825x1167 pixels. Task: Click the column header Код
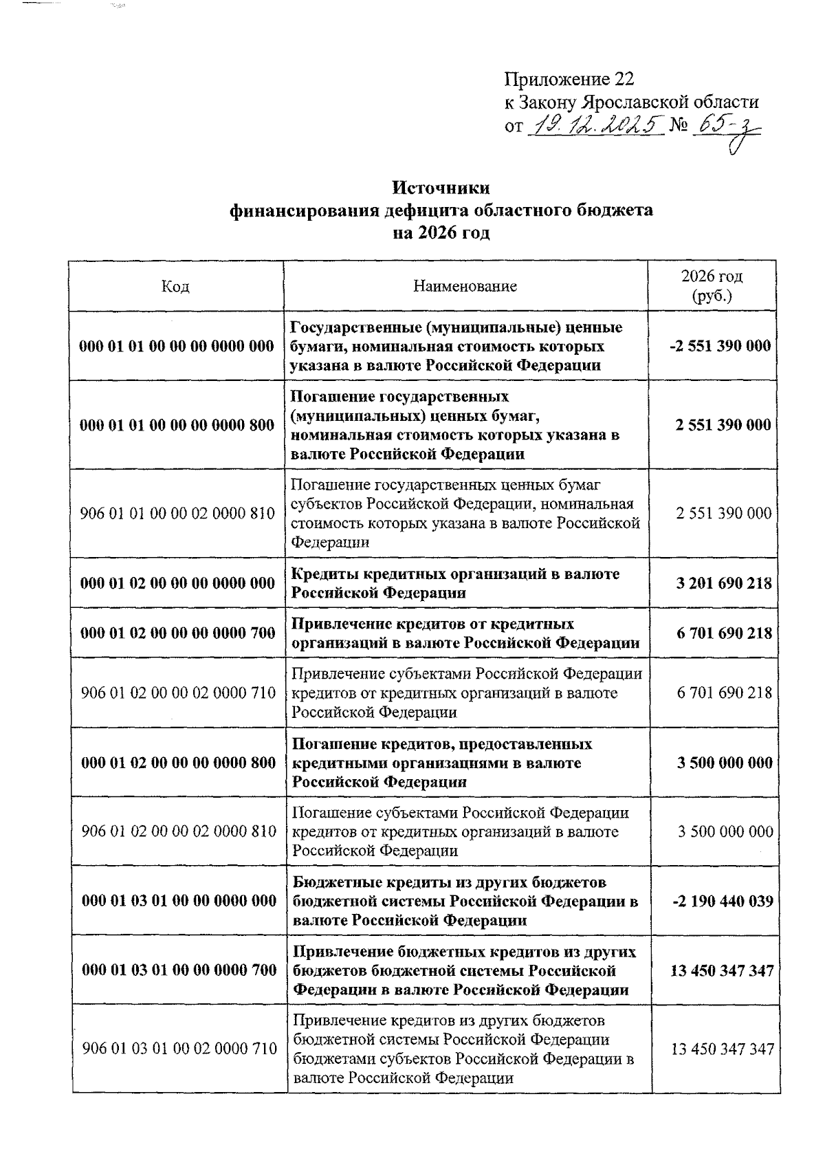click(x=175, y=286)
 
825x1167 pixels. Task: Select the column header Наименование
click(x=465, y=286)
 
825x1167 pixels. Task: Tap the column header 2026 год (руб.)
click(x=712, y=286)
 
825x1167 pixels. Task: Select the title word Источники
click(x=441, y=188)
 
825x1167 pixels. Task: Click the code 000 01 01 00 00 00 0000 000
click(x=177, y=346)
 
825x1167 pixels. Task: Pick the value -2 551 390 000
click(x=720, y=346)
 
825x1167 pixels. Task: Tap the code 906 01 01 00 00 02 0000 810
click(x=177, y=513)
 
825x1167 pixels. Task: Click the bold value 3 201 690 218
click(x=723, y=583)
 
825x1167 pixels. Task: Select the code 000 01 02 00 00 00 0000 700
click(x=178, y=633)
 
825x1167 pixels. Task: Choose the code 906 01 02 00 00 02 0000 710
click(x=178, y=692)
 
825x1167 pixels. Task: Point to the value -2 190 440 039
click(x=723, y=901)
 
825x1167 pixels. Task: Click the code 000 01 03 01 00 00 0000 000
click(x=179, y=901)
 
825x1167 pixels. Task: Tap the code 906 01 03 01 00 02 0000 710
click(x=179, y=1049)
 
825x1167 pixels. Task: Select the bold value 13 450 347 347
click(x=722, y=970)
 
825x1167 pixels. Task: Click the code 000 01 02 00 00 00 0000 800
click(x=179, y=763)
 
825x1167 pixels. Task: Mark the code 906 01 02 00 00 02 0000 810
click(x=179, y=831)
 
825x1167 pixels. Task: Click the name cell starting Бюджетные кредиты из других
click(x=465, y=901)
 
